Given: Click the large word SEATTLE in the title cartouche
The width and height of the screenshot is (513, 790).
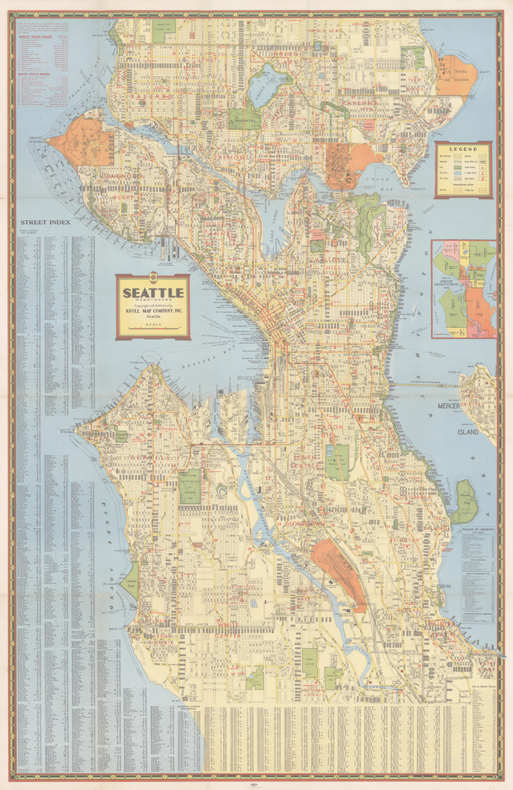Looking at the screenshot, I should pos(153,293).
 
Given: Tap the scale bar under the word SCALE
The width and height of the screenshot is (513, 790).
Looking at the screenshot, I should pos(152,329).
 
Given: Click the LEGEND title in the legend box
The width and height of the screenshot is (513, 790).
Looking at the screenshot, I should pos(463,149).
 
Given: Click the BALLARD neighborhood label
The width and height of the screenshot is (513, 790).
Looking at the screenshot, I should pos(151,96).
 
